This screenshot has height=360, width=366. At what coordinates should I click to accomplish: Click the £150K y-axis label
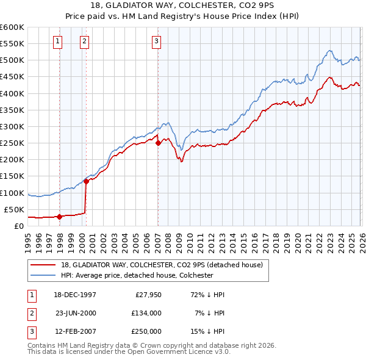(12, 176)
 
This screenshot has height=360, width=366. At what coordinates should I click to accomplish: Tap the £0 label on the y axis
(20, 226)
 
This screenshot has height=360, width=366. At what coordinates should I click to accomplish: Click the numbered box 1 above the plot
(57, 41)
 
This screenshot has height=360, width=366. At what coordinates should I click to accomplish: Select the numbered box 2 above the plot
(84, 41)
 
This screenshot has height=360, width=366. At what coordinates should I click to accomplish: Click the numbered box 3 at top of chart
(156, 41)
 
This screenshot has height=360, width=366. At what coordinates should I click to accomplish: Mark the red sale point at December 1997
(59, 217)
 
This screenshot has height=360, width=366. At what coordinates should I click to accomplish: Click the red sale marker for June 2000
(86, 181)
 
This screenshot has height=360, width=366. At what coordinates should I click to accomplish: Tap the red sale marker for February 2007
(158, 143)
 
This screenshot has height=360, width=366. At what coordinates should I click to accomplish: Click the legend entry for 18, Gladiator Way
(162, 265)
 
